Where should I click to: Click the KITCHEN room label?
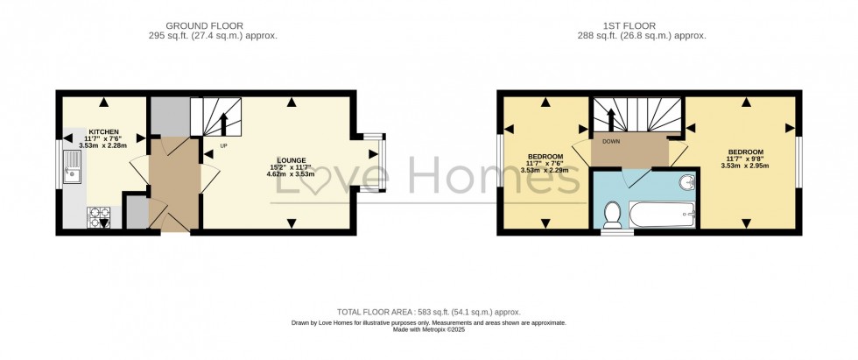[103, 132]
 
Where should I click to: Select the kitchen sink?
[74, 166]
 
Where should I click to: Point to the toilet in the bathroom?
[613, 212]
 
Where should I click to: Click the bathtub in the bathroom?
[663, 214]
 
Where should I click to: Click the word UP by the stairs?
[223, 145]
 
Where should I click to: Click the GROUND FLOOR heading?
[204, 25]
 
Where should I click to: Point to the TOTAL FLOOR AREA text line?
[428, 312]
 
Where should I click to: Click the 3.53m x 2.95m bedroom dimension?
[745, 165]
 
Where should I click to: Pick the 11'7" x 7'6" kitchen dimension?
[103, 138]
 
